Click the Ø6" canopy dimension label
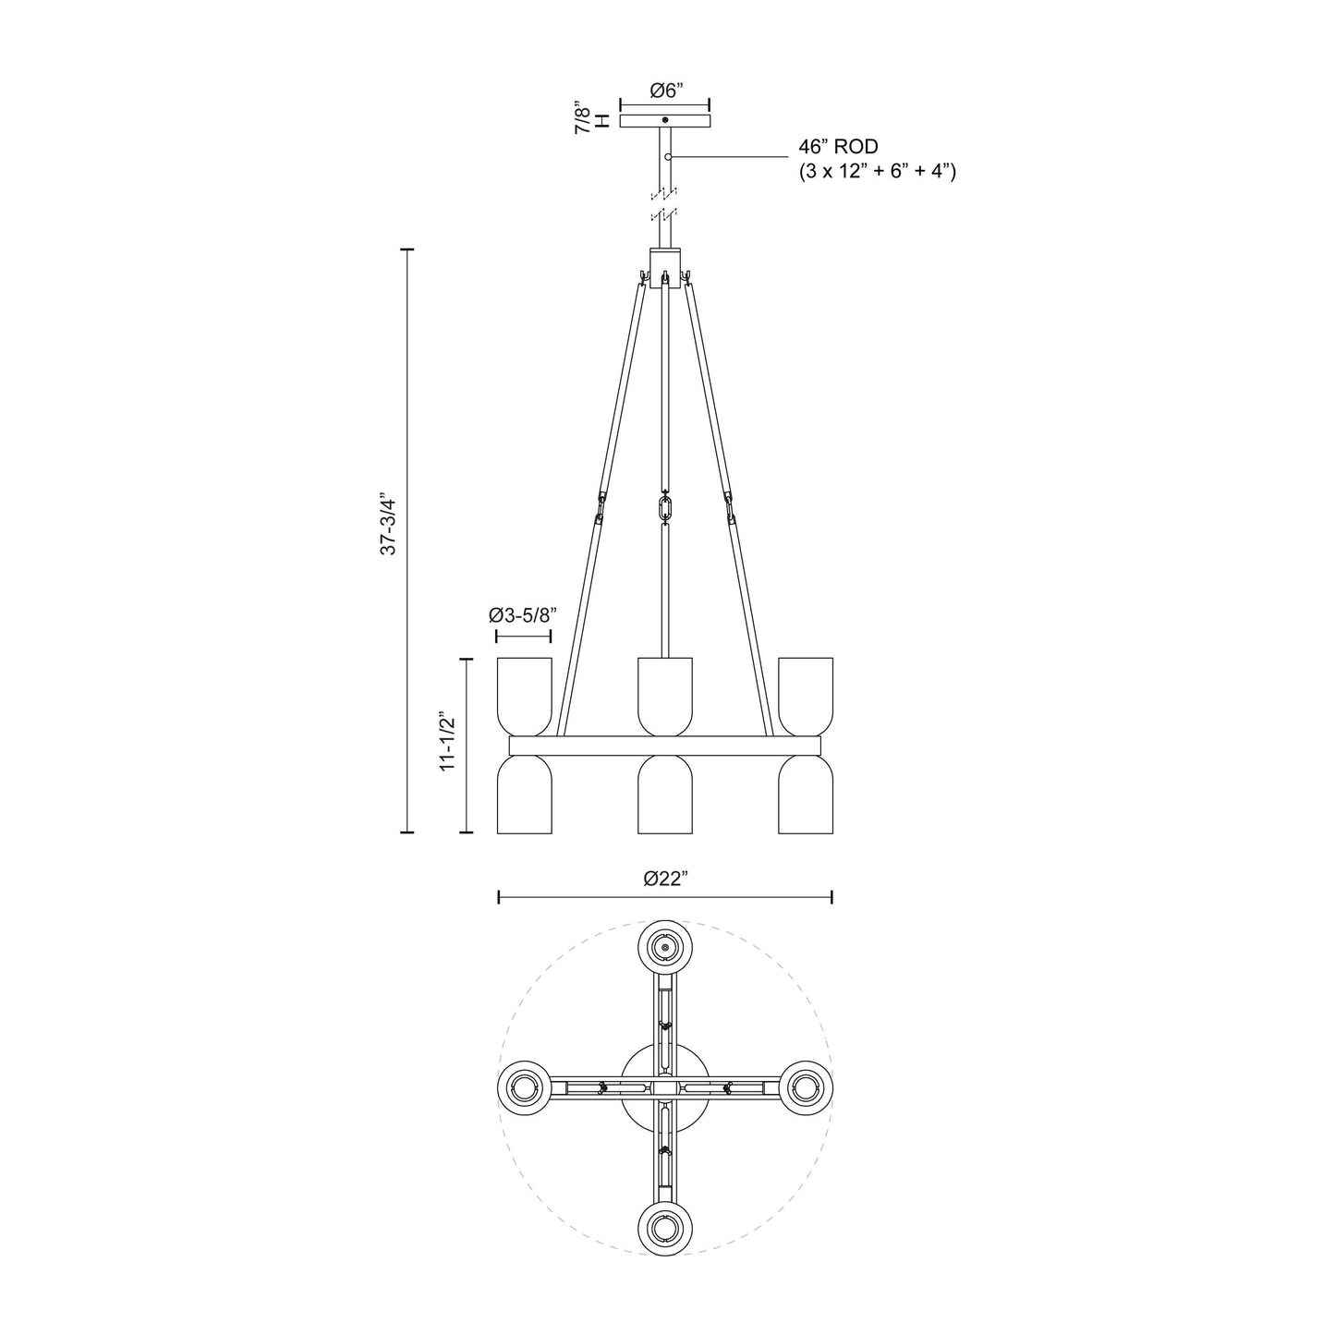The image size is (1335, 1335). (x=665, y=91)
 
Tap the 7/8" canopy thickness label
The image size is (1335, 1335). (x=583, y=119)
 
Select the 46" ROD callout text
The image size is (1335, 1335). (x=838, y=147)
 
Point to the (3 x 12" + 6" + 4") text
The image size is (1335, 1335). (x=877, y=172)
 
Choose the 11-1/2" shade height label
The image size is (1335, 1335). (x=449, y=742)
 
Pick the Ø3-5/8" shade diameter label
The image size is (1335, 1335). (x=523, y=616)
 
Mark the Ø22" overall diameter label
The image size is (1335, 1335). (x=665, y=879)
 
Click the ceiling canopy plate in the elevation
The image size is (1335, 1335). (x=665, y=121)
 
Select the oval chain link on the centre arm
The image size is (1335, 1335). (x=665, y=508)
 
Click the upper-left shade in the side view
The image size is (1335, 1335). (x=524, y=696)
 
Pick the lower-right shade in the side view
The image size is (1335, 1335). (x=806, y=795)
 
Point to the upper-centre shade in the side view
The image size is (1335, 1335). (x=665, y=696)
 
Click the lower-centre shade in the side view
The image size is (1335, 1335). (x=665, y=795)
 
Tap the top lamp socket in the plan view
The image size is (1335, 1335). (x=665, y=946)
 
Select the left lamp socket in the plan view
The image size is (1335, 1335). (x=524, y=1087)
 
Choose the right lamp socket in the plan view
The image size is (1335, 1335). (x=807, y=1087)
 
